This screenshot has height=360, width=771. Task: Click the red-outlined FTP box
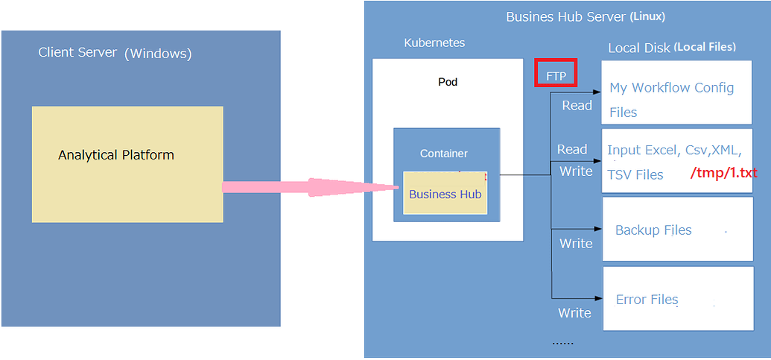(x=556, y=75)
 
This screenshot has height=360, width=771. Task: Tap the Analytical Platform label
(x=116, y=155)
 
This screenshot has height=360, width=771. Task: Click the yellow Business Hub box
(x=445, y=194)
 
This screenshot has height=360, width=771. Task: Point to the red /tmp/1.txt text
(x=723, y=173)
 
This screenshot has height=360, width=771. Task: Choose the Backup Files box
(x=677, y=229)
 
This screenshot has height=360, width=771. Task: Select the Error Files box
(x=677, y=299)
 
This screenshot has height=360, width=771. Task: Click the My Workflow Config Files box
(x=676, y=92)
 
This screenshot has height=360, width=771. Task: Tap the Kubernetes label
(x=434, y=42)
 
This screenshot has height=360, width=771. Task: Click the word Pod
(x=448, y=81)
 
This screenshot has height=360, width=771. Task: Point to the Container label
(x=444, y=153)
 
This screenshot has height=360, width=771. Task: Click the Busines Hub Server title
(x=565, y=16)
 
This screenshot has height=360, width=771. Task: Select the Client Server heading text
(x=77, y=52)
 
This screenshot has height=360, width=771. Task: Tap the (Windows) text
(x=158, y=53)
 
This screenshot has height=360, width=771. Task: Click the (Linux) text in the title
(x=647, y=16)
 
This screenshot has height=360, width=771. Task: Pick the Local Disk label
(x=638, y=47)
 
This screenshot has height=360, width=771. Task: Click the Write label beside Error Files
(x=574, y=312)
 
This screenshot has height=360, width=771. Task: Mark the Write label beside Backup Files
(x=576, y=243)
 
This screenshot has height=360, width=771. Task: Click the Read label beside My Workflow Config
(x=577, y=105)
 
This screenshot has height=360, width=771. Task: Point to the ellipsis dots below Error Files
(x=562, y=342)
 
